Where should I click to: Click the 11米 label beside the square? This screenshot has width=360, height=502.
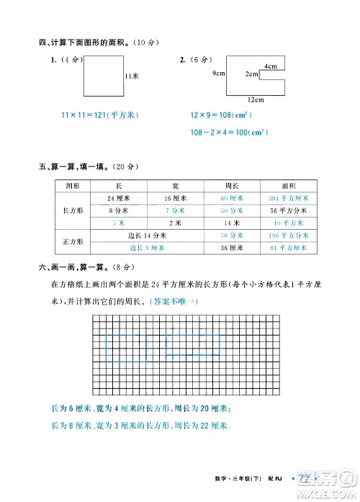point(131,76)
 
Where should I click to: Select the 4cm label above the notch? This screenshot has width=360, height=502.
point(269,66)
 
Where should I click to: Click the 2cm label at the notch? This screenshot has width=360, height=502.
point(251,74)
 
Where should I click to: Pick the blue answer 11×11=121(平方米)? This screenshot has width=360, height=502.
point(99,115)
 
